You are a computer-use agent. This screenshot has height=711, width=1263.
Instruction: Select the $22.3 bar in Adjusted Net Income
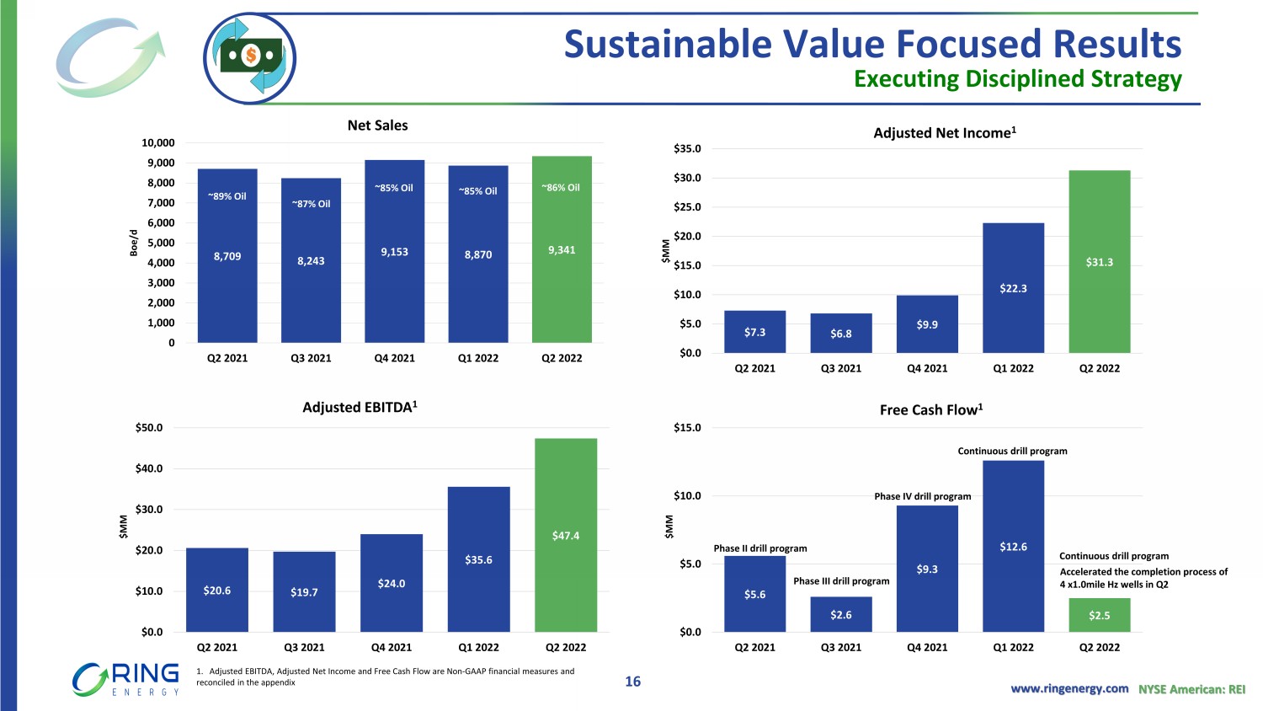coord(1013,287)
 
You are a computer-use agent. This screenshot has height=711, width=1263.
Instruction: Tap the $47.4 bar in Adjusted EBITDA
coord(566,535)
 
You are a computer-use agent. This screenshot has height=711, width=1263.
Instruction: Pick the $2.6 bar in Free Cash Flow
coord(841,614)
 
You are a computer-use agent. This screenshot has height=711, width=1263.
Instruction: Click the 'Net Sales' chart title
coord(377,126)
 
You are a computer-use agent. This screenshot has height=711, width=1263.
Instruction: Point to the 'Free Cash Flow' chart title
coord(931,410)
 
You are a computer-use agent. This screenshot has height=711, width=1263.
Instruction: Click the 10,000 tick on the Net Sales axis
coord(158,143)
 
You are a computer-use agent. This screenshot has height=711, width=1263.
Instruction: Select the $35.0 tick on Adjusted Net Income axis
coord(687,149)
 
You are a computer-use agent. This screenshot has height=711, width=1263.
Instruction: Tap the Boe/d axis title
coord(133,243)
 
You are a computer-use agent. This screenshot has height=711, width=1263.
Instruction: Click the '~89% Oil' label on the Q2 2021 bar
coord(227,196)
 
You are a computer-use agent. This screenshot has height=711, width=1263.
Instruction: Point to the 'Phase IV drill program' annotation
coord(922,496)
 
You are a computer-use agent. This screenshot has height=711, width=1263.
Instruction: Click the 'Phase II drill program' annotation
coord(760,548)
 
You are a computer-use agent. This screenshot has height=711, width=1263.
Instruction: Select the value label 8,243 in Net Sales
coord(311,261)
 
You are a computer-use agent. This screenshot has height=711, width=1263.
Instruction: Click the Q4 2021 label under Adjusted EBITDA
coord(392,648)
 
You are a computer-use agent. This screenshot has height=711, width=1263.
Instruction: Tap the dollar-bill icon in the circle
coord(250,57)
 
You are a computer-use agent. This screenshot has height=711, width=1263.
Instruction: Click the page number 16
coord(632,682)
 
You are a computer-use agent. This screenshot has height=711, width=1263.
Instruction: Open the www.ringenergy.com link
coord(1069,688)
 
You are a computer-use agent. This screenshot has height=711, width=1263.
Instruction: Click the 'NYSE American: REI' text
coord(1191,689)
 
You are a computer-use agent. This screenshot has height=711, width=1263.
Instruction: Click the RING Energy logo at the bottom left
coord(126,679)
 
